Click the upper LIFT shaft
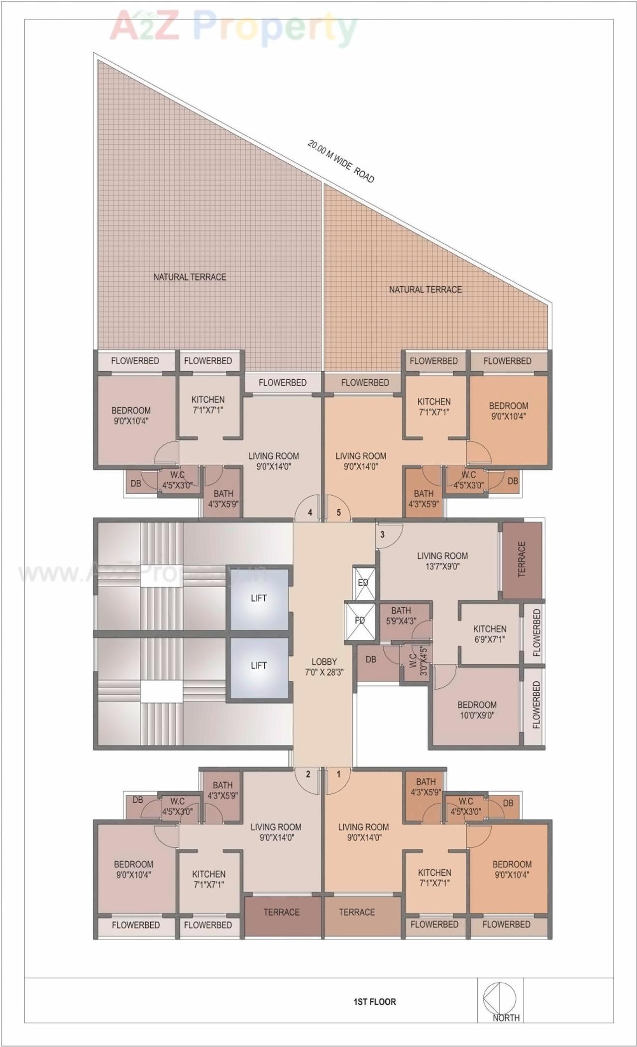tap(259, 599)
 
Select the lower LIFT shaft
tap(259, 666)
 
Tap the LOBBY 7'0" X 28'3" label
tap(324, 667)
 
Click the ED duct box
tap(363, 582)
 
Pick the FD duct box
tap(359, 621)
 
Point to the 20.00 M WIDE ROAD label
tap(341, 161)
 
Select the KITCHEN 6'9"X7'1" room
tap(490, 634)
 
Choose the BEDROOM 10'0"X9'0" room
tap(477, 710)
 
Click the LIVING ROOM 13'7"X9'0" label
tap(442, 561)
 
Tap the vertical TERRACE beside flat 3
tap(522, 560)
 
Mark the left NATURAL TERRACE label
tap(190, 277)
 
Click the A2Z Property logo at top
tap(234, 27)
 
